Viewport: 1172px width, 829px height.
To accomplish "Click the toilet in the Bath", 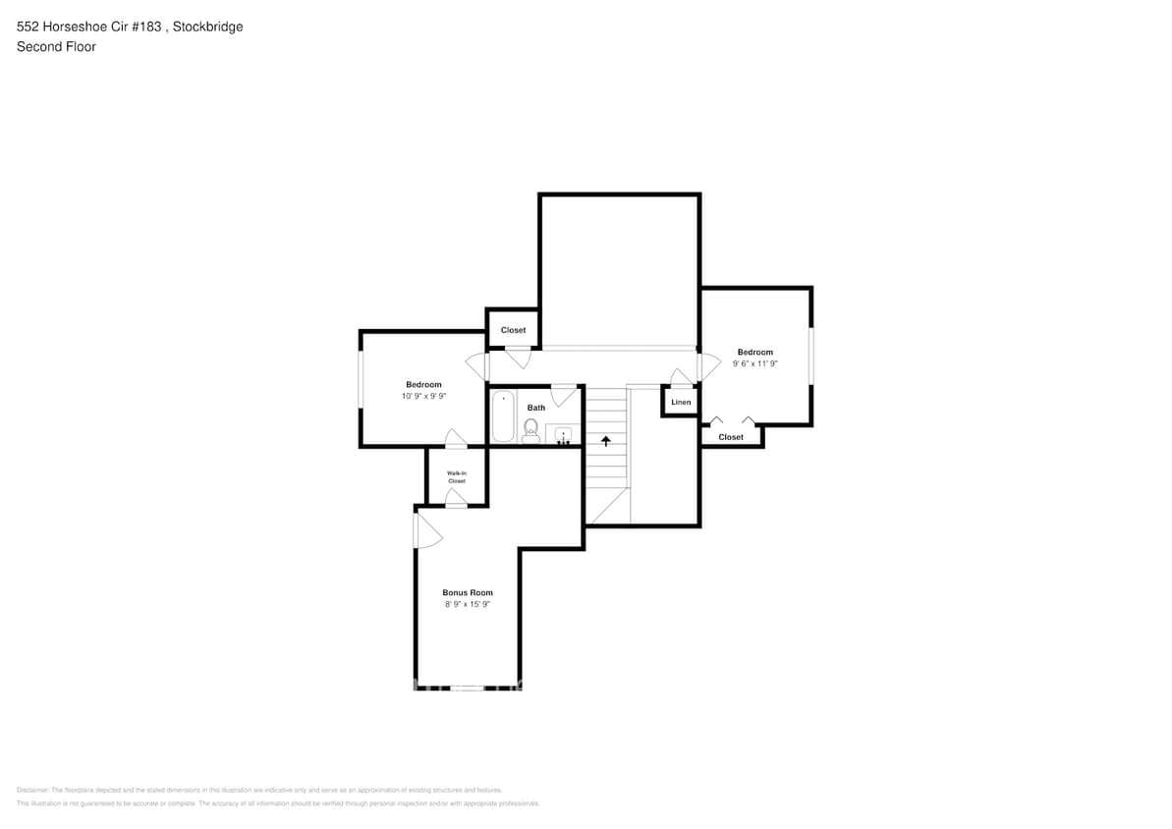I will pos(530,428).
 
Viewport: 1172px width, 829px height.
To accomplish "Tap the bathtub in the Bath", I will pos(503,416).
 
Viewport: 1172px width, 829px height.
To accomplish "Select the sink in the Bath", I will pos(564,433).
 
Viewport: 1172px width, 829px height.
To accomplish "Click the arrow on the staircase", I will pos(606,440).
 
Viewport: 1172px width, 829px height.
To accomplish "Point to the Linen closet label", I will pos(681,403).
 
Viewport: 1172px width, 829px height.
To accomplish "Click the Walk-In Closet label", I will pos(457,477).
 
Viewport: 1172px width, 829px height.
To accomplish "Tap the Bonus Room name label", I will pos(468,592).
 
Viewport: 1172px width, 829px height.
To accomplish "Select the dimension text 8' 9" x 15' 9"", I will pos(468,605).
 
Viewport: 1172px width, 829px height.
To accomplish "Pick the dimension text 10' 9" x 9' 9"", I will pos(423,397).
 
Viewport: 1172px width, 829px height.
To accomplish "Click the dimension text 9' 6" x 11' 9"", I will pos(755,364).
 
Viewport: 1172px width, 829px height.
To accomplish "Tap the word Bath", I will pos(536,408).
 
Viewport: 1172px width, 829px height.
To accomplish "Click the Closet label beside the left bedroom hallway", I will pos(513,330).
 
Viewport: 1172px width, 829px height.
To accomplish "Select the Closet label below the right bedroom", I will pos(731,437).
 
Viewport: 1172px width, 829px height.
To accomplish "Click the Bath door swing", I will pos(563,395).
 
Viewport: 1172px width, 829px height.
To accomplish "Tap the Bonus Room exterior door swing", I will pos(427,531).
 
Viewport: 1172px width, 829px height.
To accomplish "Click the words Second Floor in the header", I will pos(56,46).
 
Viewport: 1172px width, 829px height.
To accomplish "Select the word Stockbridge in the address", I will pos(207,27).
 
